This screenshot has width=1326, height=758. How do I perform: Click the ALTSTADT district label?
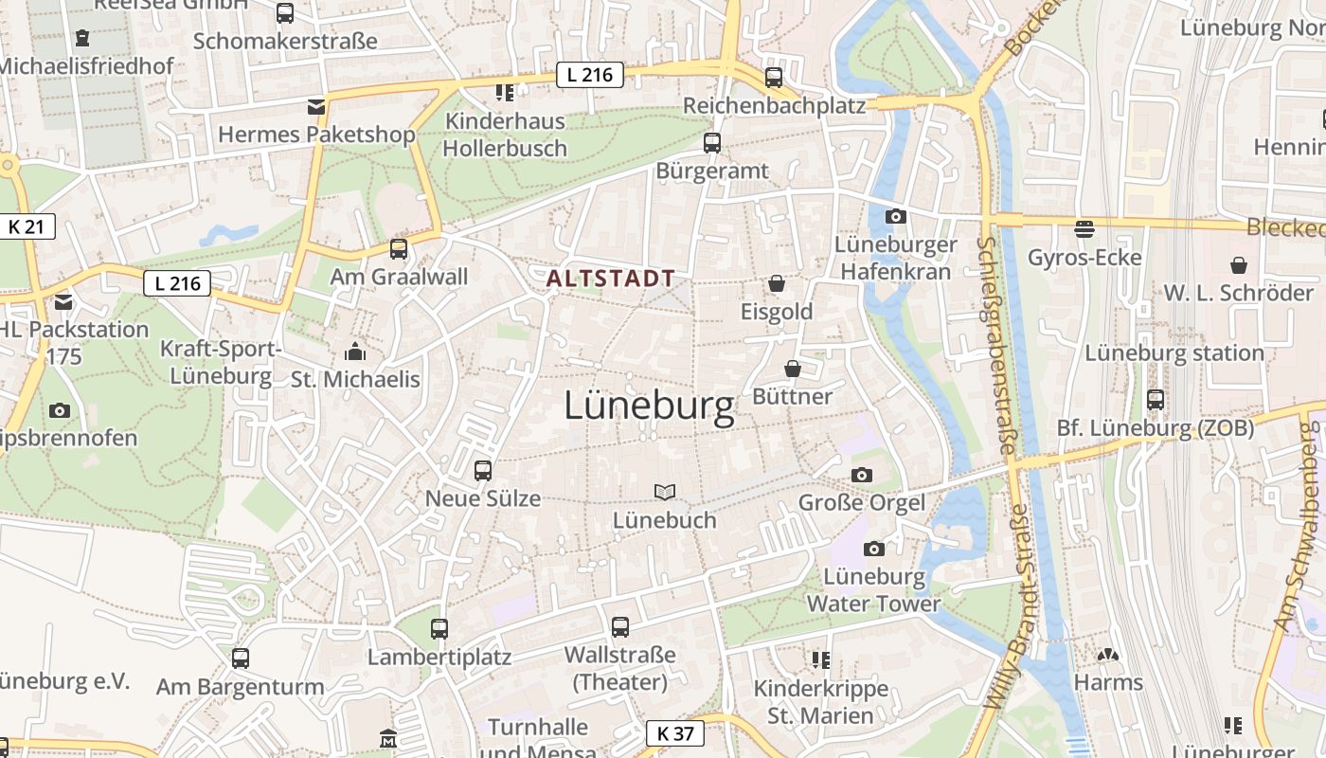point(611,279)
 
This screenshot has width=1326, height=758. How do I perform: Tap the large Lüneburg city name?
point(649,406)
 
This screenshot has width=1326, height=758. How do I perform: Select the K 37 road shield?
point(675,732)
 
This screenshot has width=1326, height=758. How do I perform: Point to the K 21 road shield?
point(27,226)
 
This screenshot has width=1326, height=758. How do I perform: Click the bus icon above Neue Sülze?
point(482,470)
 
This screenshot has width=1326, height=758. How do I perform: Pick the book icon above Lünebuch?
point(665,492)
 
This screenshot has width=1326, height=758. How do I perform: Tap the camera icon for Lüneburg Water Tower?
point(874,549)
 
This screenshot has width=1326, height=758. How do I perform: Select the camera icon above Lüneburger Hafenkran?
point(895,217)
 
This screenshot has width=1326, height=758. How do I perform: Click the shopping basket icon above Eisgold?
point(777,283)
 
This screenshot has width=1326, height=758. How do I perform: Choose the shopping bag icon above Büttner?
point(793,368)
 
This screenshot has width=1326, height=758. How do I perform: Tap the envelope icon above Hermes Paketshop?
point(315,106)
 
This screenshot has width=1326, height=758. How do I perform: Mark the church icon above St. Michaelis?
point(355,352)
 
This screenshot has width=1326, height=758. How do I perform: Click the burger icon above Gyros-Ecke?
point(1084,228)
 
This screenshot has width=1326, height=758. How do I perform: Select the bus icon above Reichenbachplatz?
point(774,78)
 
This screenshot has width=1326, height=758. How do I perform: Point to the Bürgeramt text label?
point(712,171)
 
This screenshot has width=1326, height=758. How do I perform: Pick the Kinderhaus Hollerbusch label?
point(505,135)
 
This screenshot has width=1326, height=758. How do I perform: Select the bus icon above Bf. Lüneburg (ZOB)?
point(1155,399)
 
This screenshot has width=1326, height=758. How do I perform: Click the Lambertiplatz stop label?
point(439,657)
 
